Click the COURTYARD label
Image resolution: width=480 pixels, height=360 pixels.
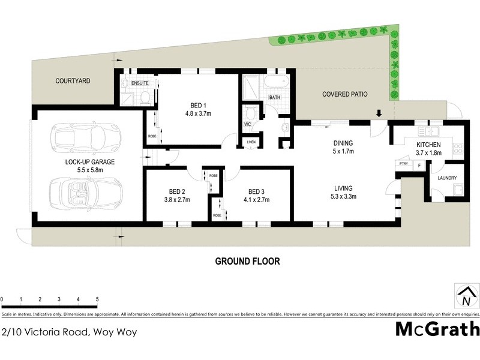pyautogui.click(x=73, y=80)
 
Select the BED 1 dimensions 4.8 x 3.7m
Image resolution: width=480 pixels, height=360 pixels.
pyautogui.click(x=198, y=112)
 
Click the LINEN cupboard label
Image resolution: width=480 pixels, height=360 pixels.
pyautogui.click(x=251, y=142)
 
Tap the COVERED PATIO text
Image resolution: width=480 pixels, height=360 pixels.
pyautogui.click(x=344, y=94)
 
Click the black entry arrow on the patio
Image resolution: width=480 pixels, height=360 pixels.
pyautogui.click(x=379, y=113)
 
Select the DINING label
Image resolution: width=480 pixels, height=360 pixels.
pyautogui.click(x=343, y=143)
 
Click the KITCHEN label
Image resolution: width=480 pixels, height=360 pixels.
pyautogui.click(x=429, y=145)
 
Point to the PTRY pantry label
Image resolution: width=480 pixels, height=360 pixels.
pyautogui.click(x=403, y=163)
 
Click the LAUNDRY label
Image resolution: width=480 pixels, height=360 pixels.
pyautogui.click(x=447, y=178)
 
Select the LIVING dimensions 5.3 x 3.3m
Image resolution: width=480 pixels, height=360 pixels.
pyautogui.click(x=343, y=196)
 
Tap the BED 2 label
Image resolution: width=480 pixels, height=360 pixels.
pyautogui.click(x=177, y=192)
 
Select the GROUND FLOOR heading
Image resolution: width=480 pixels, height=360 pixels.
pyautogui.click(x=247, y=262)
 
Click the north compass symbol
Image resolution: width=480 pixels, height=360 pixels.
pyautogui.click(x=466, y=296)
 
